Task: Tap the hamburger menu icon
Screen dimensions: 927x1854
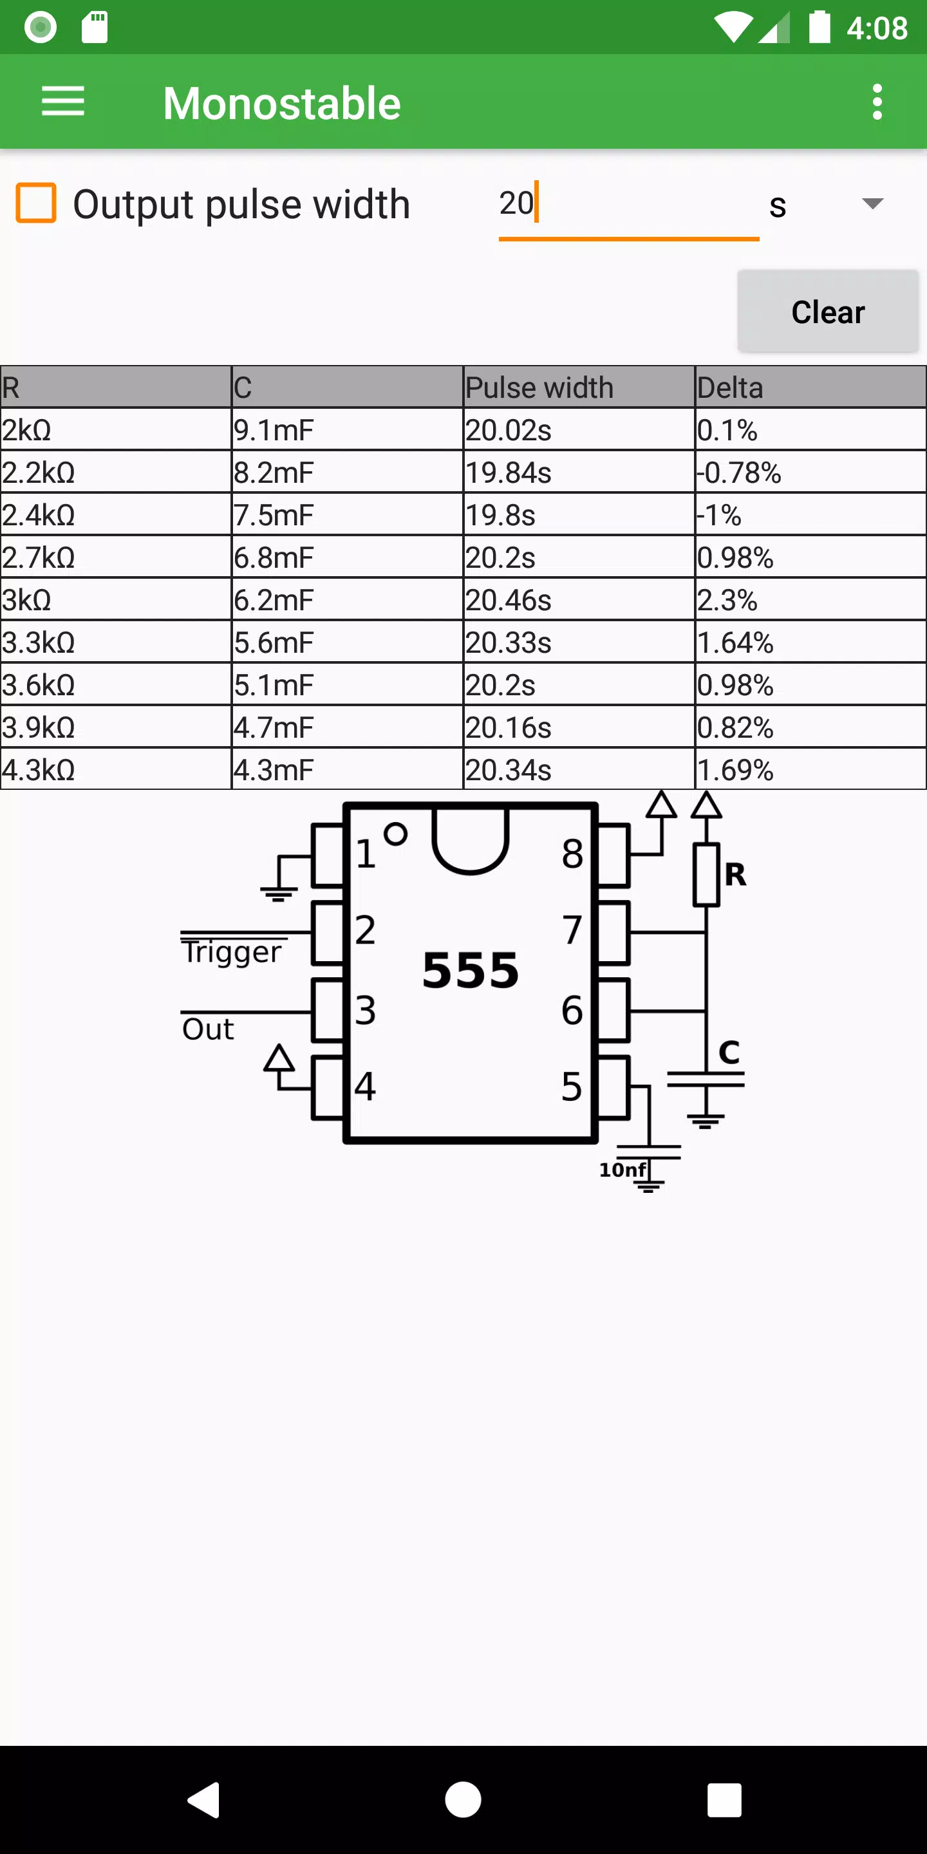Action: tap(63, 102)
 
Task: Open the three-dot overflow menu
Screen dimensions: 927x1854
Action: tap(877, 102)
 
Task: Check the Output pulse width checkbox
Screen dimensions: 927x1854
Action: tap(36, 203)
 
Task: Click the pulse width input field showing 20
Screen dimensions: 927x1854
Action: tap(628, 205)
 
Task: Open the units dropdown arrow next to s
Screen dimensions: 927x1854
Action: tap(872, 203)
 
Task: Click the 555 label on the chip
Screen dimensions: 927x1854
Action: tap(471, 970)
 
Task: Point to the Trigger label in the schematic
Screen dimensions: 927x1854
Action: tap(232, 951)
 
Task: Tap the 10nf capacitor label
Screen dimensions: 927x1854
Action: tap(623, 1170)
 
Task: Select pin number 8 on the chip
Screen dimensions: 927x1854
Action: tap(572, 854)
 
